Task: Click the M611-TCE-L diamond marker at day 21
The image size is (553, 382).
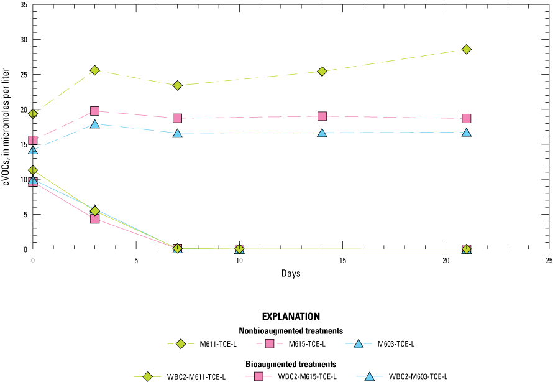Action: (466, 49)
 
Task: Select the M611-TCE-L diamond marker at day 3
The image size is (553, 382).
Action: (94, 70)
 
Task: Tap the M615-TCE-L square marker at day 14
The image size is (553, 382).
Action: (322, 116)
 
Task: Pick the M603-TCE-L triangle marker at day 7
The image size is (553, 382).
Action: (177, 133)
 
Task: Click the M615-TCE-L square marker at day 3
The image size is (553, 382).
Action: (94, 111)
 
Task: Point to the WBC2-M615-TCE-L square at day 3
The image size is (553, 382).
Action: (94, 218)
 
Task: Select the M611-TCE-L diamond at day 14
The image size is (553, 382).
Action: (322, 71)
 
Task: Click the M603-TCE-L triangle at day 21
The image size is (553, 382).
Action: (466, 133)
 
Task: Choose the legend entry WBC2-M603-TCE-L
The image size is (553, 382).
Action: (418, 376)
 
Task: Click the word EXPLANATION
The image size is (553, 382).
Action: (291, 316)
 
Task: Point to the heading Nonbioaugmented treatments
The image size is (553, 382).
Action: (291, 330)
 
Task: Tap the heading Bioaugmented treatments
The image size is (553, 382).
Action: (291, 363)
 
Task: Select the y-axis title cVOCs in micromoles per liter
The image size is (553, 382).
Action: (7, 128)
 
